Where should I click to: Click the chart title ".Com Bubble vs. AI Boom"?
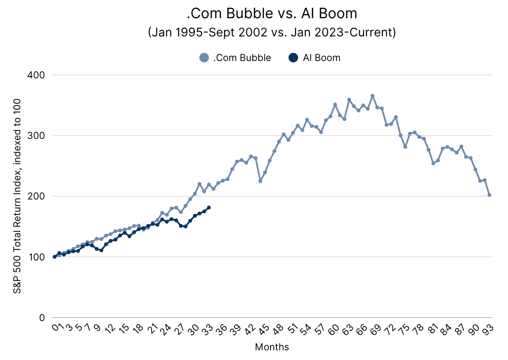[x=272, y=14]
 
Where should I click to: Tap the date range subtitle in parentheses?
[x=272, y=33]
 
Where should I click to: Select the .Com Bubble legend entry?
[x=235, y=58]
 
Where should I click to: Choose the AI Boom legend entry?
[x=315, y=58]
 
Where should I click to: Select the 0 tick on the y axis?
[x=41, y=317]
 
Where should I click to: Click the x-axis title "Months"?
[x=272, y=347]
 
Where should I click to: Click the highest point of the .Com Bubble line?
[x=373, y=96]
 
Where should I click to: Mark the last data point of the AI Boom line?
[x=209, y=208]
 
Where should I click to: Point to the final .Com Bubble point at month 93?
[x=489, y=195]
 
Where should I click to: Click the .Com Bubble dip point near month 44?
[x=260, y=181]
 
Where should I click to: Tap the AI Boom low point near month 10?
[x=101, y=250]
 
